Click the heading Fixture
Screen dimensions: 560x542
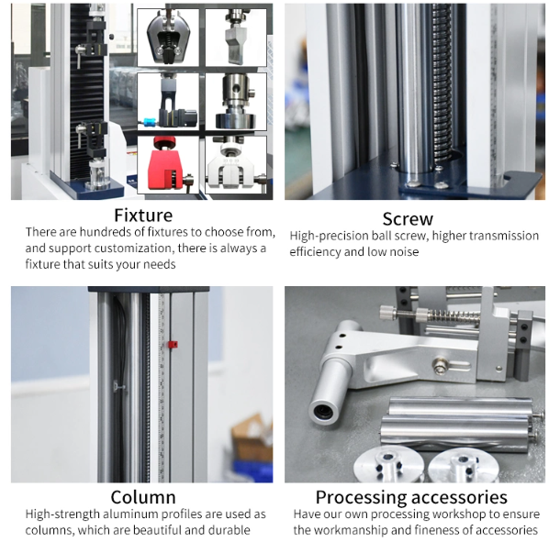pyautogui.click(x=143, y=216)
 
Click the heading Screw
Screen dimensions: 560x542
pyautogui.click(x=408, y=219)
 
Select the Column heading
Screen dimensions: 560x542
pyautogui.click(x=143, y=497)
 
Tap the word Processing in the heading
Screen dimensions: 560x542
pyautogui.click(x=361, y=498)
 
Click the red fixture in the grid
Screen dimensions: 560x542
pyautogui.click(x=165, y=165)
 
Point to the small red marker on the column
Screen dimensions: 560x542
pyautogui.click(x=173, y=344)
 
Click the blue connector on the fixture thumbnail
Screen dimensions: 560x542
pyautogui.click(x=150, y=122)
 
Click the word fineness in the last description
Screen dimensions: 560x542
pyautogui.click(x=452, y=530)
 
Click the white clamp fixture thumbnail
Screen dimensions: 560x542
pyautogui.click(x=236, y=165)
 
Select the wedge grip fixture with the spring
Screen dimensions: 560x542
pyautogui.click(x=168, y=38)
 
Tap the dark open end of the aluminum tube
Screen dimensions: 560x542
pyautogui.click(x=324, y=412)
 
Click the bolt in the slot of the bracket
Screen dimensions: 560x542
pyautogui.click(x=439, y=368)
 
